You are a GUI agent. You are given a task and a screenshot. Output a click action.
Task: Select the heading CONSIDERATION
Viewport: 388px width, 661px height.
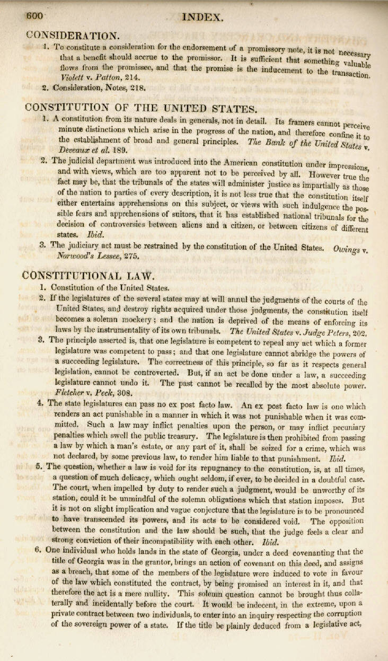pyautogui.click(x=73, y=36)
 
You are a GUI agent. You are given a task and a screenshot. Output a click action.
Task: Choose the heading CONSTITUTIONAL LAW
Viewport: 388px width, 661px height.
pyautogui.click(x=89, y=275)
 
